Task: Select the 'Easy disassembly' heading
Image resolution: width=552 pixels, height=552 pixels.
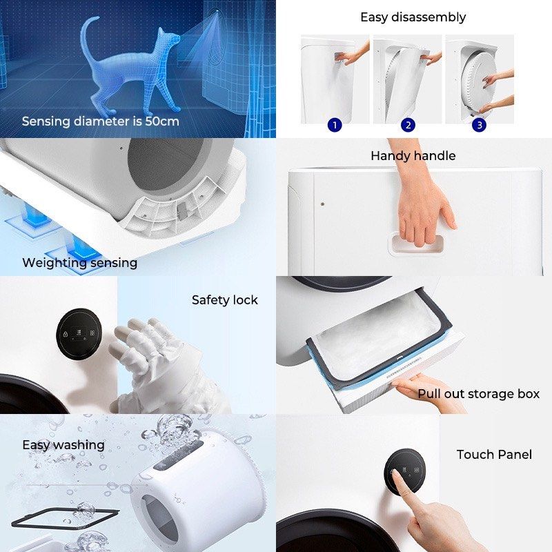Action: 413,17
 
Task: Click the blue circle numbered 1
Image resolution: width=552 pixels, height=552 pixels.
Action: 335,125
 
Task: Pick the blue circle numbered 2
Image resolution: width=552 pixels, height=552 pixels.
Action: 408,125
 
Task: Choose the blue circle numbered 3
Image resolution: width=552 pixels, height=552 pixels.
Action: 479,125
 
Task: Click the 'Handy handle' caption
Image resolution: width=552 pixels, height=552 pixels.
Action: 413,156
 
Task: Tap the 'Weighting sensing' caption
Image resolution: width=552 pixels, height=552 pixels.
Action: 79,262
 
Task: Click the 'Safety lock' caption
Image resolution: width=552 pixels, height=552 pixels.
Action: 224,300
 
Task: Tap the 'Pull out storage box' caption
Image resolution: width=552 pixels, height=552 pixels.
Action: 478,394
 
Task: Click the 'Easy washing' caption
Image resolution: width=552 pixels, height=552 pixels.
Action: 63,444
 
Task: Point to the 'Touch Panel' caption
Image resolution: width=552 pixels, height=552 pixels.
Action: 494,455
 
